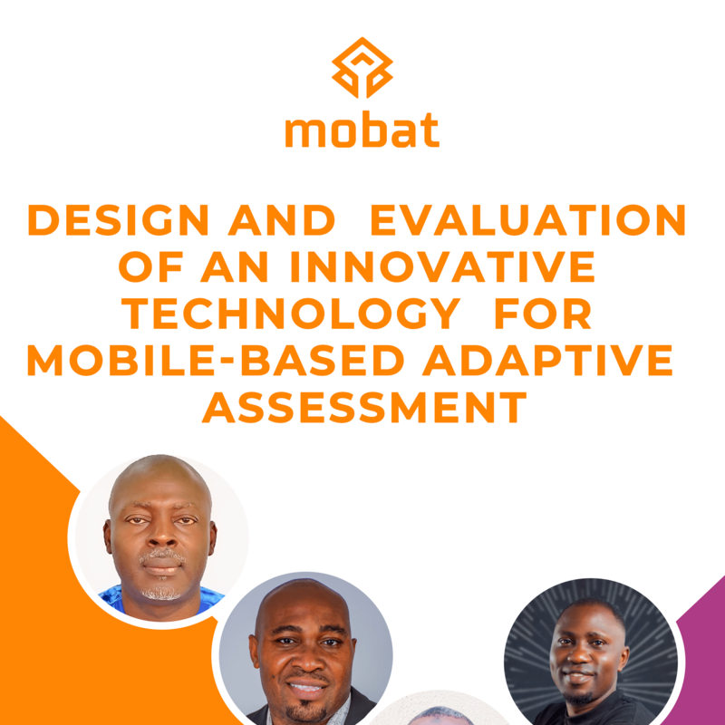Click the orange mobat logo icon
point(362,67)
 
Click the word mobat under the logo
point(362,130)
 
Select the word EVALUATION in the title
point(529,221)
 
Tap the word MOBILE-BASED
point(216,361)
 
